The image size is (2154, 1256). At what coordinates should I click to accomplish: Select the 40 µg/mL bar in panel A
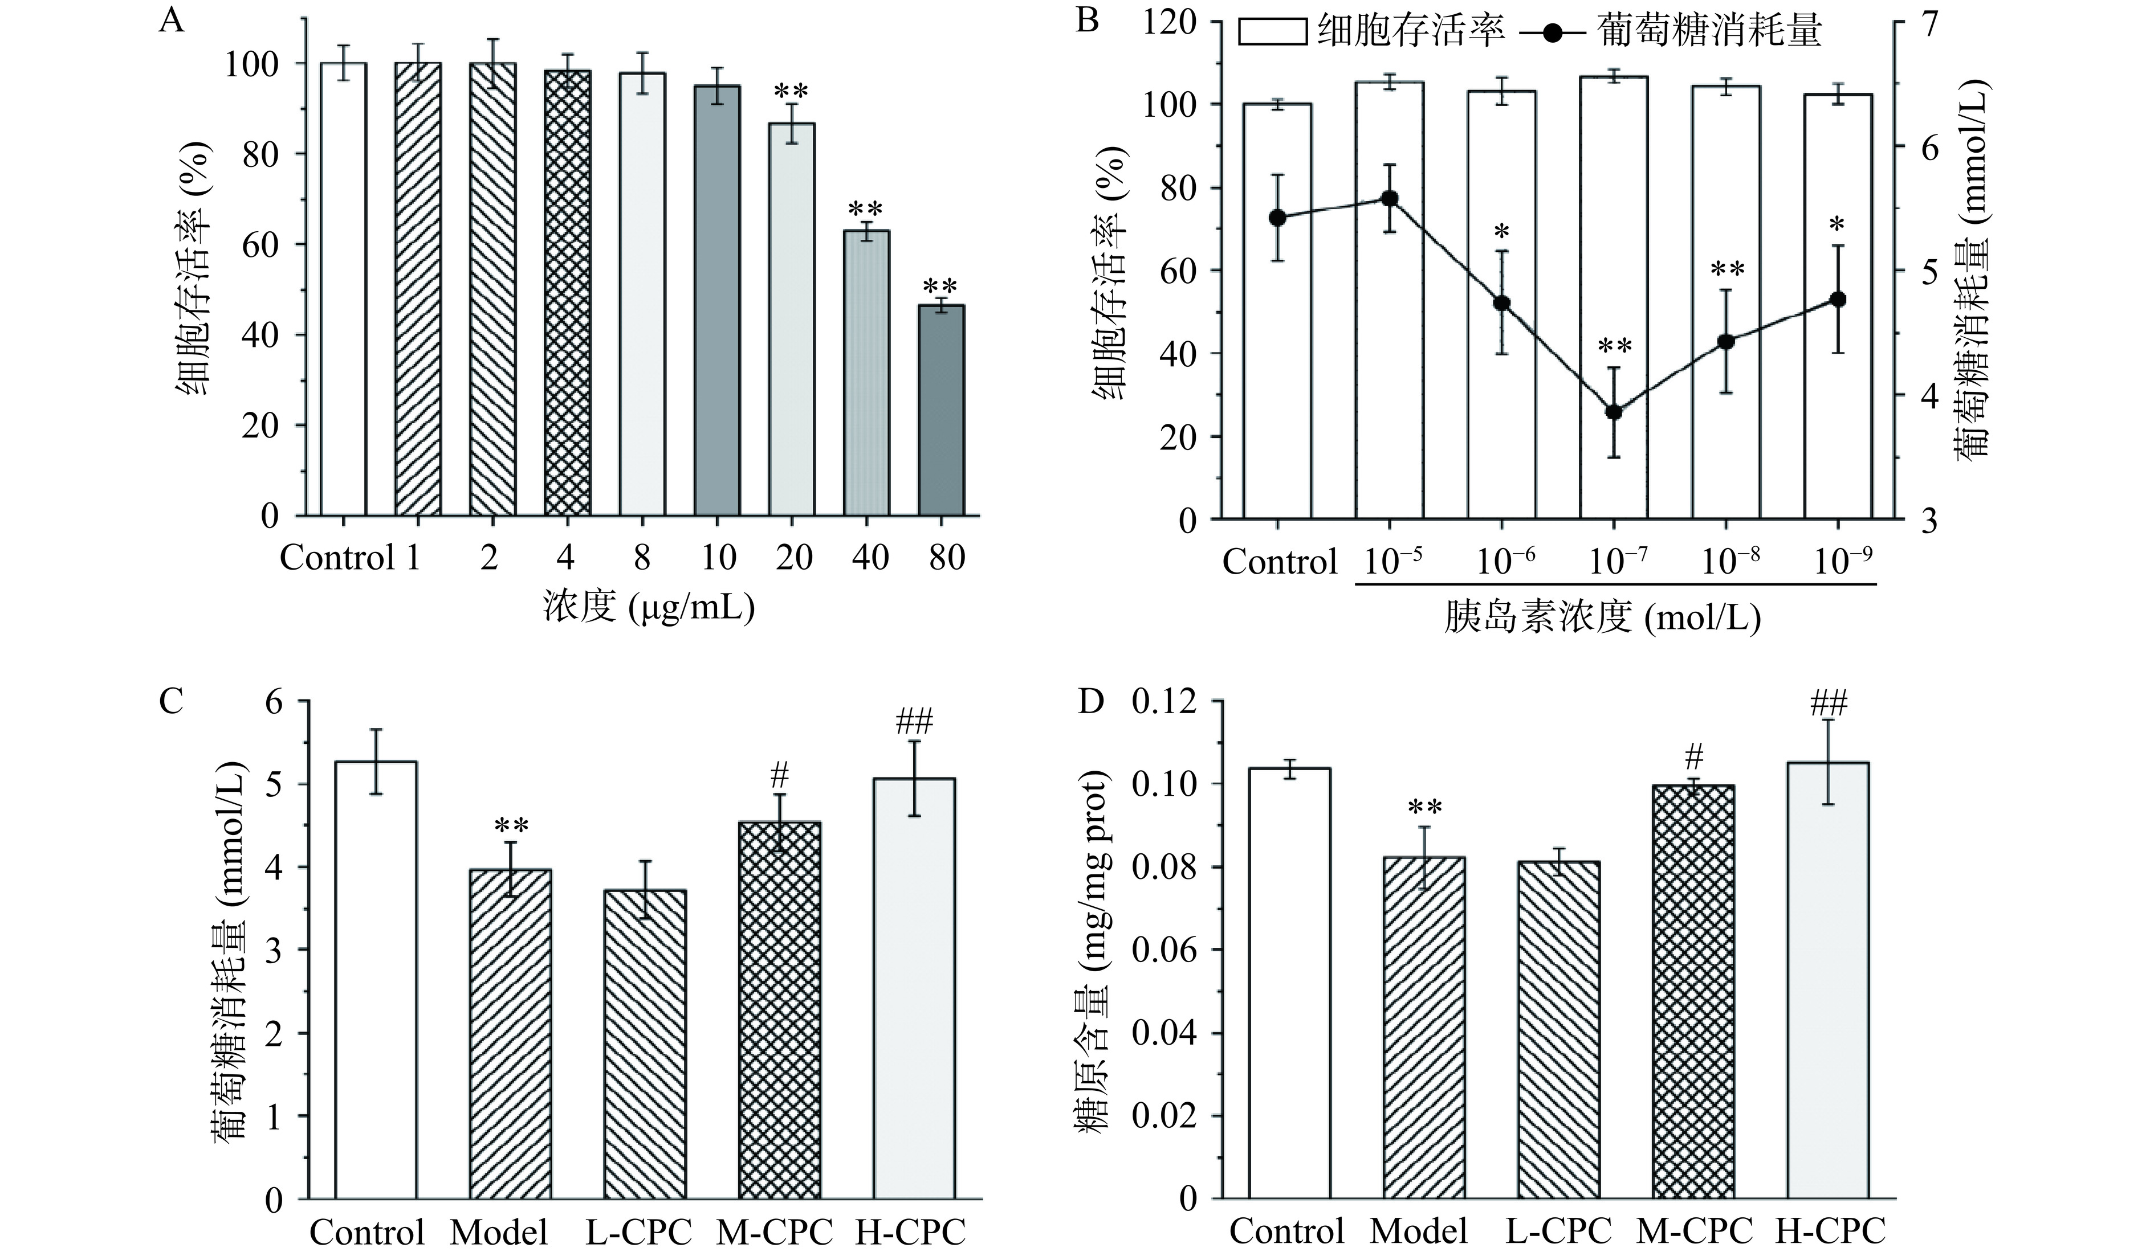tap(867, 373)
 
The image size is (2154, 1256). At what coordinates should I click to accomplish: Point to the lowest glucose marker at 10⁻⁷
tap(1614, 412)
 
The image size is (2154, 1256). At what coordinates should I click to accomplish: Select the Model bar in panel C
tap(510, 1034)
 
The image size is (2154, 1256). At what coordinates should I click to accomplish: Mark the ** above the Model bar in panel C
tap(510, 825)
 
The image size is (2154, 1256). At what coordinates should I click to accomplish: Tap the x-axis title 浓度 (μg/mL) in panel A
tap(649, 607)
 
